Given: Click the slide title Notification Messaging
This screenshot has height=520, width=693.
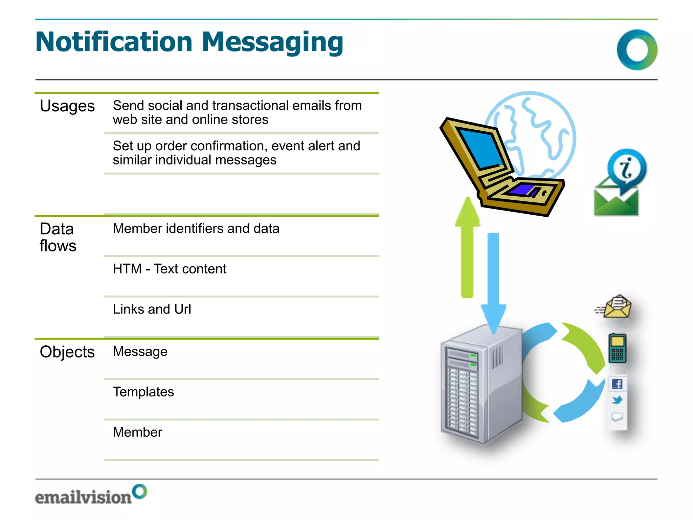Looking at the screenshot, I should pyautogui.click(x=189, y=42).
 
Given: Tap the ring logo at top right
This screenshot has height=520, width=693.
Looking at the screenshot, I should pyautogui.click(x=637, y=50).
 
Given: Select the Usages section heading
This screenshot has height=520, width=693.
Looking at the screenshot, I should pyautogui.click(x=67, y=106).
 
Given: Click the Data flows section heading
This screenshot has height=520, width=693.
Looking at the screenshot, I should pyautogui.click(x=58, y=237).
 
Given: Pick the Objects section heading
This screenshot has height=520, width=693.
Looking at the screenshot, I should pyautogui.click(x=67, y=352).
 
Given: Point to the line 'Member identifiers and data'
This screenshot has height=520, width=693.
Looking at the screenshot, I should pyautogui.click(x=196, y=229).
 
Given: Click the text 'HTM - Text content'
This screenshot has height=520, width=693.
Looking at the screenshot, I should pyautogui.click(x=170, y=269).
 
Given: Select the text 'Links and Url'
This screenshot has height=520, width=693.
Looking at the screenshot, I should pyautogui.click(x=152, y=309).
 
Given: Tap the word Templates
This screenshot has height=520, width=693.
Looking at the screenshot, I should pyautogui.click(x=143, y=392).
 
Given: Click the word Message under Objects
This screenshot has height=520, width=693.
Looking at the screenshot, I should pyautogui.click(x=140, y=351).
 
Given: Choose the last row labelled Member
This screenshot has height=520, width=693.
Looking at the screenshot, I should pyautogui.click(x=137, y=432).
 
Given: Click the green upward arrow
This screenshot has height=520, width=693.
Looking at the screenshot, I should pyautogui.click(x=467, y=247).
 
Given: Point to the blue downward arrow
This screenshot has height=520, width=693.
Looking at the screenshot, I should pyautogui.click(x=493, y=281).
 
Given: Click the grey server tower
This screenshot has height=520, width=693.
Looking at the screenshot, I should pyautogui.click(x=480, y=386).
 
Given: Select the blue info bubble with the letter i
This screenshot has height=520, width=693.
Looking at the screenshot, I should pyautogui.click(x=627, y=168).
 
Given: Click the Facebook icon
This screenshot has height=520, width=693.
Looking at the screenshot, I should pyautogui.click(x=618, y=384).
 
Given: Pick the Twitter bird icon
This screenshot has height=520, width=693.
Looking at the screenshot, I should pyautogui.click(x=617, y=400).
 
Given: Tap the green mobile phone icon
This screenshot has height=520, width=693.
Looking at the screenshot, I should pyautogui.click(x=617, y=348).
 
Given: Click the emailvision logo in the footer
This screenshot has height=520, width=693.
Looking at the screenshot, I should pyautogui.click(x=91, y=495).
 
